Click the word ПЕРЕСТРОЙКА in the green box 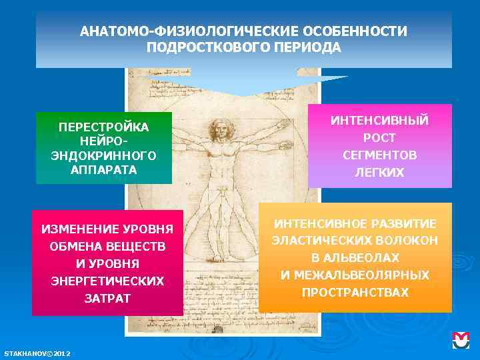coord(104,127)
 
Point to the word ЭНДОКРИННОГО coord(104,155)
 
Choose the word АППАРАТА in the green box coord(104,169)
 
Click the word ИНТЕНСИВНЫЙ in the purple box coord(380,121)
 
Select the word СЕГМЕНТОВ coord(380,155)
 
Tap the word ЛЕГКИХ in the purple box coord(380,172)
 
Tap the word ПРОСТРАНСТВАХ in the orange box coord(355,292)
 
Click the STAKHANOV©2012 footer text coord(38,353)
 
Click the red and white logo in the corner coord(461,340)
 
